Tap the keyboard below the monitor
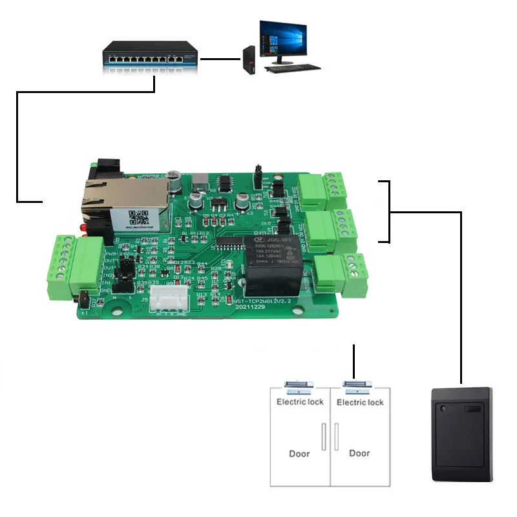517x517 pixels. pyautogui.click(x=293, y=67)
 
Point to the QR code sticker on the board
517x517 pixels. pyautogui.click(x=140, y=218)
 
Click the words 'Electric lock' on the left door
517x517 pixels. pyautogui.click(x=300, y=402)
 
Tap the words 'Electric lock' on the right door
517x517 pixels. pyautogui.click(x=360, y=402)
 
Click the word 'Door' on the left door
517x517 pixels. pyautogui.click(x=300, y=453)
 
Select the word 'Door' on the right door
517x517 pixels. pyautogui.click(x=360, y=453)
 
